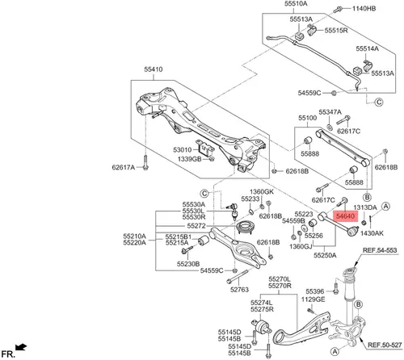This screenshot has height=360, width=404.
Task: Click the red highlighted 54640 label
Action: (x=346, y=216)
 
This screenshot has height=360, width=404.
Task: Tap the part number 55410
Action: (x=154, y=69)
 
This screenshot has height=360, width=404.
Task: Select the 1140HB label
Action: (x=364, y=9)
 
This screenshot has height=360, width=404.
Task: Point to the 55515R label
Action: (x=336, y=31)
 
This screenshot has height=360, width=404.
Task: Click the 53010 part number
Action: (x=183, y=150)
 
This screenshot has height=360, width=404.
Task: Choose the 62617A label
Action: (x=124, y=168)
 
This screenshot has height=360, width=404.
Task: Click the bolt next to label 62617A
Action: (x=145, y=163)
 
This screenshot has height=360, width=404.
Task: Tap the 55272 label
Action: (x=196, y=226)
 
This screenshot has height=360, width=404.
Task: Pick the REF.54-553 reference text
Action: (x=380, y=250)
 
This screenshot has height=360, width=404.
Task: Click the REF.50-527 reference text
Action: (x=385, y=345)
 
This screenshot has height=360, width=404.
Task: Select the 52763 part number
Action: (x=239, y=290)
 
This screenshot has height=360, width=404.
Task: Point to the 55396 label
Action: (x=315, y=291)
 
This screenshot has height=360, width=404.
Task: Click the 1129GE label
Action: (x=313, y=299)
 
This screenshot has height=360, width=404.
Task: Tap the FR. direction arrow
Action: (x=21, y=347)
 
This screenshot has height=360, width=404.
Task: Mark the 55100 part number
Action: (x=308, y=118)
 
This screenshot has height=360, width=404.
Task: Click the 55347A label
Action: (x=330, y=112)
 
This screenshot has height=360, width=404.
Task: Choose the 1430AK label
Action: (x=372, y=233)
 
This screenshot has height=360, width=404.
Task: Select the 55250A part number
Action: (x=325, y=255)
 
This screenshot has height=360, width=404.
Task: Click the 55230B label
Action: (x=188, y=264)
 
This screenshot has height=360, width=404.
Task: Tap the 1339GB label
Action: (x=189, y=159)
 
